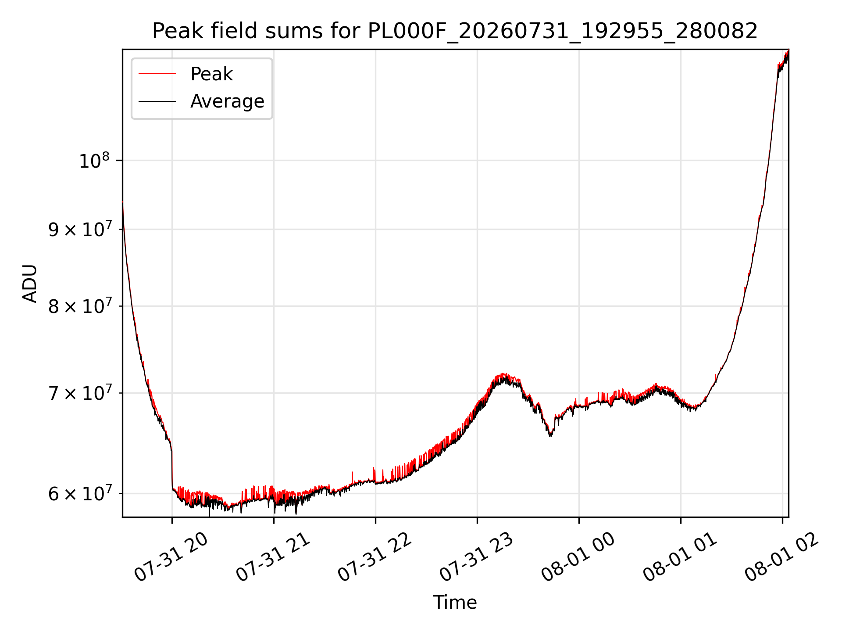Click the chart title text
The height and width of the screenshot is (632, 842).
pyautogui.click(x=455, y=31)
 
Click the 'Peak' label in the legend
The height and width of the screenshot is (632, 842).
pyautogui.click(x=211, y=74)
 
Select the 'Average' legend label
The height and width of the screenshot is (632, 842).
pyautogui.click(x=227, y=101)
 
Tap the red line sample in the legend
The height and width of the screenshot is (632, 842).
pyautogui.click(x=157, y=74)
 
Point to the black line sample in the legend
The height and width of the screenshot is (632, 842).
pyautogui.click(x=157, y=101)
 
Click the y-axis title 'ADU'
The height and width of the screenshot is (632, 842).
pyautogui.click(x=30, y=283)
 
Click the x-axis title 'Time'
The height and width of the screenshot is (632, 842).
pyautogui.click(x=455, y=602)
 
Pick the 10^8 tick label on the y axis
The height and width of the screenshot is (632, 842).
pyautogui.click(x=94, y=161)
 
